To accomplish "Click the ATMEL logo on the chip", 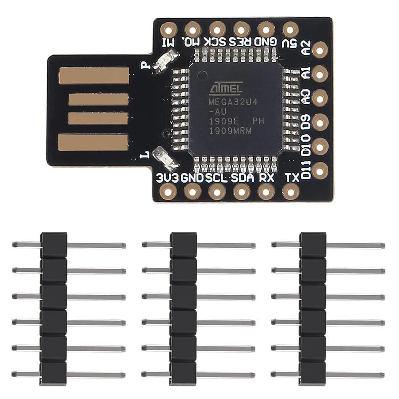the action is (x=226, y=89).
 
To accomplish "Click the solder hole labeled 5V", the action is (x=290, y=29).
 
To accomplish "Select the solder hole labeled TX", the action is (x=290, y=192).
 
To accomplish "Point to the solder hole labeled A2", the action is (x=320, y=50).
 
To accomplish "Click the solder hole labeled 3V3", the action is (x=168, y=192).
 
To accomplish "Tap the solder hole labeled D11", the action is (x=320, y=170).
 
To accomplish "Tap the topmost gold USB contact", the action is (x=94, y=76).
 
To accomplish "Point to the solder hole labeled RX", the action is (x=266, y=192).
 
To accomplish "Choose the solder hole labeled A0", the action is (x=320, y=97).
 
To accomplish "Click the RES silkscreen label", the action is (x=241, y=42).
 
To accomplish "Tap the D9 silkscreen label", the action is (x=306, y=122).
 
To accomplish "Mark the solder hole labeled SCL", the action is (x=217, y=192).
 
